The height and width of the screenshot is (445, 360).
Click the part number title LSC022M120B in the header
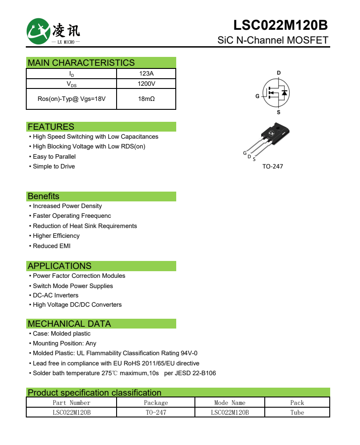click(x=280, y=25)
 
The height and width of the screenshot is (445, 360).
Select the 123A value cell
click(x=146, y=74)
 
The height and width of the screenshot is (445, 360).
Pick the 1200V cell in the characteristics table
click(x=146, y=84)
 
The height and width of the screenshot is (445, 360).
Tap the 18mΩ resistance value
click(x=146, y=99)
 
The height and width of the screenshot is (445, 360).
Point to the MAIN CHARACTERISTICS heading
click(x=81, y=63)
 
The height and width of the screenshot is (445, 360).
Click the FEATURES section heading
click(x=51, y=127)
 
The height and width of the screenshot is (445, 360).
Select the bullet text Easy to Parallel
click(x=54, y=156)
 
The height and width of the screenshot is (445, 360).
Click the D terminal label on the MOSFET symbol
click(x=279, y=72)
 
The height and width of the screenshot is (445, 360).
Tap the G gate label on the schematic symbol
click(x=257, y=96)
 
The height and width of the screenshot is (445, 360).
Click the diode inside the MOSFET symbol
click(x=284, y=92)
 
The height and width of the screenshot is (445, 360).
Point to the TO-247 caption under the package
click(x=272, y=166)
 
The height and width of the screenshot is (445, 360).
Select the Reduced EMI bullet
click(x=52, y=246)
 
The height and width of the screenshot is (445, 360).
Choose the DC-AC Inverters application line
click(x=56, y=295)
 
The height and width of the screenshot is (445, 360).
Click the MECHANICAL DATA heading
click(x=69, y=324)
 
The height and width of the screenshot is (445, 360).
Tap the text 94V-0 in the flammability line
click(x=189, y=353)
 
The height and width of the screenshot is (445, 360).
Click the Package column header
click(x=156, y=403)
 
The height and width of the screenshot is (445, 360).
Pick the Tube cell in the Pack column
click(x=297, y=413)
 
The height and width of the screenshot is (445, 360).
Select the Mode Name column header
click(x=230, y=403)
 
